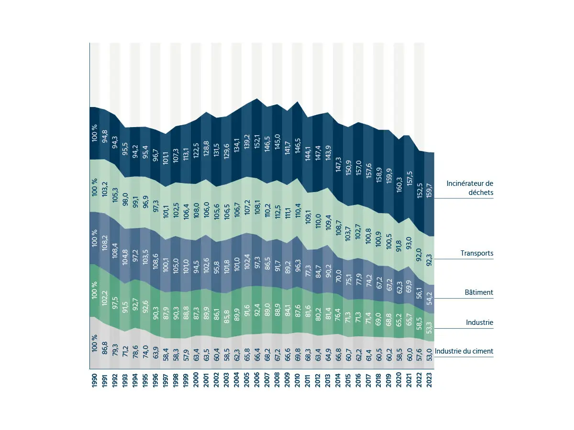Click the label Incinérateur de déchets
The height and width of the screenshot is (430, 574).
click(x=469, y=188)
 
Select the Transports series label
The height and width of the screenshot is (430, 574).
click(x=476, y=253)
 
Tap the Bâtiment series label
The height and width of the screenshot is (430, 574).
click(x=479, y=292)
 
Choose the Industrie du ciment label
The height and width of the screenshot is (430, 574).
click(x=464, y=351)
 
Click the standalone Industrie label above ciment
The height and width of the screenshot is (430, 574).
click(x=479, y=322)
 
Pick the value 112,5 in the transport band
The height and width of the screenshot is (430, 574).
click(x=277, y=211)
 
